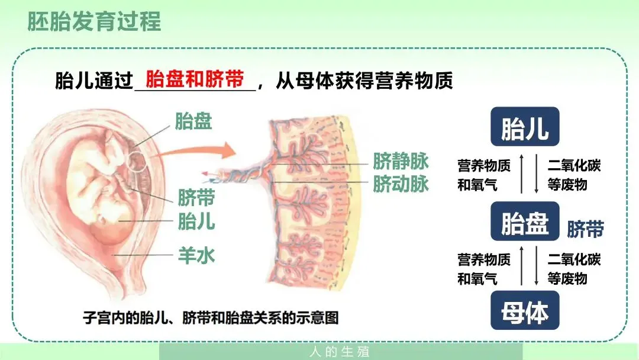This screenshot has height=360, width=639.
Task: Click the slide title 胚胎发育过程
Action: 94,21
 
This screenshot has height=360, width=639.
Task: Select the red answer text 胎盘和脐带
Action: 195,80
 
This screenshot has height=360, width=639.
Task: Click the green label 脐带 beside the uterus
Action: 196,197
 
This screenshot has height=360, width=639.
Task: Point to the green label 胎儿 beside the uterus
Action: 196,222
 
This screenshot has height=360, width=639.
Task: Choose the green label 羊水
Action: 196,256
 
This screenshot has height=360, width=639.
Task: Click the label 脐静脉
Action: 401,161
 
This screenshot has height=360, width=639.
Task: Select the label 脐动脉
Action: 401,184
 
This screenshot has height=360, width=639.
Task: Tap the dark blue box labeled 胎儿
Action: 525,127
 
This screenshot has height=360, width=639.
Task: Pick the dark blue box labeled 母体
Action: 525,310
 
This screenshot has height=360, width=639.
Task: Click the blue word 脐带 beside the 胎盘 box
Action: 585,229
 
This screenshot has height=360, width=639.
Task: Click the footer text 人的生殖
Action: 340,352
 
